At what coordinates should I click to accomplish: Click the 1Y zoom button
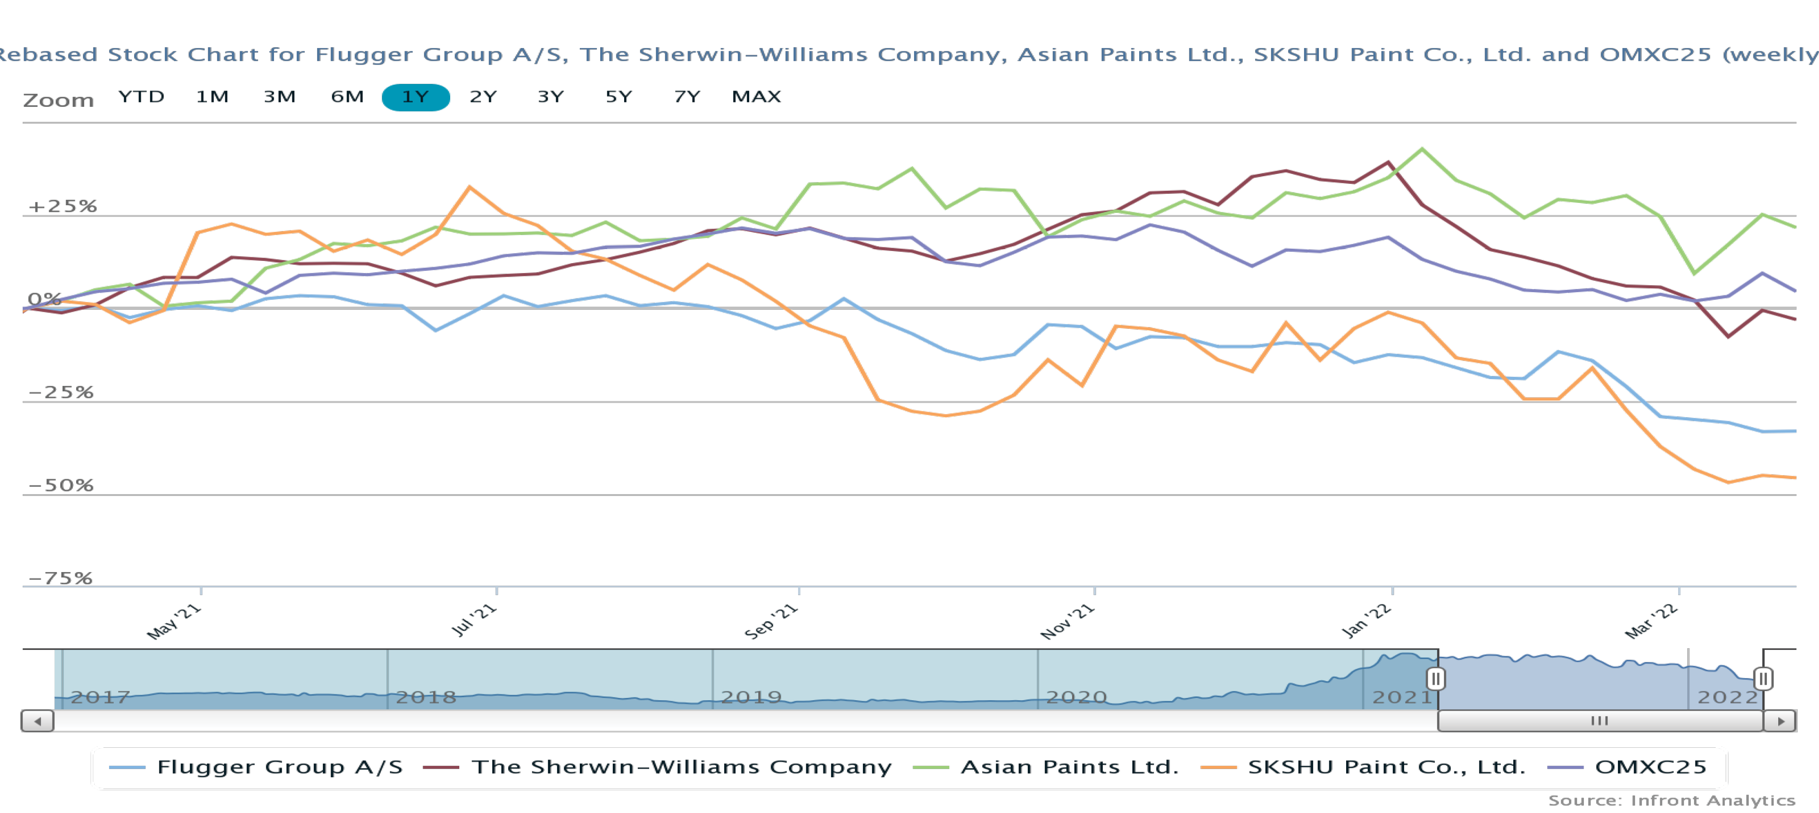click(x=415, y=97)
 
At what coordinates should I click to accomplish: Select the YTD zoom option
click(x=141, y=97)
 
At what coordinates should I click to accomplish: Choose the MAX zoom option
click(x=756, y=97)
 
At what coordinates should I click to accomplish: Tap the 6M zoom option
click(x=347, y=97)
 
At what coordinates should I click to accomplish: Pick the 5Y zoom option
click(x=619, y=97)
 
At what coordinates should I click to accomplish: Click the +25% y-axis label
click(x=62, y=206)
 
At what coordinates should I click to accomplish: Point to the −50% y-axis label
click(x=61, y=485)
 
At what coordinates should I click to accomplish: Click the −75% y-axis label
click(x=60, y=578)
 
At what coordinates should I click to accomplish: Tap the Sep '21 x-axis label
click(x=771, y=621)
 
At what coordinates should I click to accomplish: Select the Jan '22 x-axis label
click(x=1366, y=621)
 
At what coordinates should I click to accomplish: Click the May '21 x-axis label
click(x=174, y=621)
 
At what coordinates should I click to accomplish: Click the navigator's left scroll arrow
click(x=38, y=721)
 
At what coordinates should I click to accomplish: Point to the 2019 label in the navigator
click(x=751, y=697)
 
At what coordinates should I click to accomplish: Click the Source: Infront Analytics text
click(x=1671, y=800)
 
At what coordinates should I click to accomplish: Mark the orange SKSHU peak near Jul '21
click(x=470, y=187)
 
